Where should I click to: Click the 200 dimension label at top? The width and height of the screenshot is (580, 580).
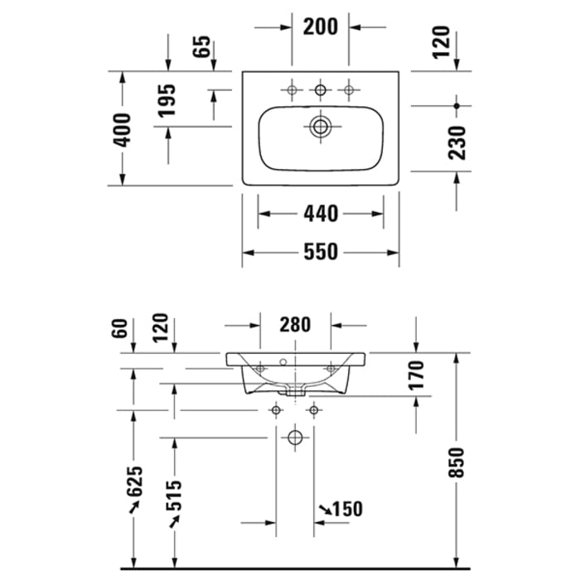[321, 27]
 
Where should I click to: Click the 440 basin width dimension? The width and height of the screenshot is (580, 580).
[321, 214]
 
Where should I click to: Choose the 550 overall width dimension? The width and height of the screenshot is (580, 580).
[321, 252]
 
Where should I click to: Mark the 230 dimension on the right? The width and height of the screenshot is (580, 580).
[457, 142]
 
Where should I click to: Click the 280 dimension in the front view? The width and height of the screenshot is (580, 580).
[296, 325]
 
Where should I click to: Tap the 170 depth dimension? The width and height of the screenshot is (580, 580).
[417, 375]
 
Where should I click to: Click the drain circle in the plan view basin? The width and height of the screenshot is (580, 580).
[320, 127]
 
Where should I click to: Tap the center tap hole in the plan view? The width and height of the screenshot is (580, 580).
[320, 89]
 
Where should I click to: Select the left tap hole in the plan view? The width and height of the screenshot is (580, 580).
[292, 89]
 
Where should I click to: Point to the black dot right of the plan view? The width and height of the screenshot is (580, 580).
[457, 104]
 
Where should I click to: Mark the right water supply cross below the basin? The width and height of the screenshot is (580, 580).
[313, 409]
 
